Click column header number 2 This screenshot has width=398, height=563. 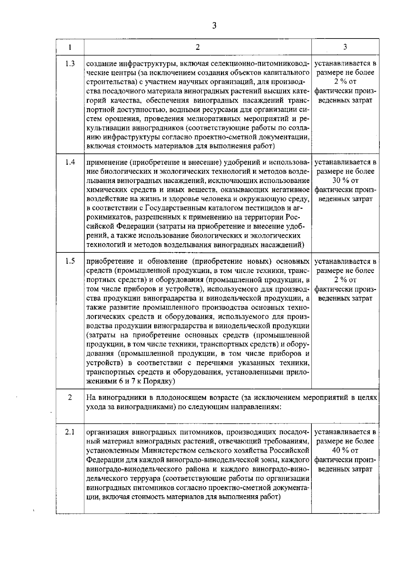tap(198, 47)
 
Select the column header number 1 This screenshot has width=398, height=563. tap(70, 47)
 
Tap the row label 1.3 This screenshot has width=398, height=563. tap(70, 63)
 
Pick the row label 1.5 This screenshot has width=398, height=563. tap(70, 261)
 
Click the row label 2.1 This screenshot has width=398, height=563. tap(70, 432)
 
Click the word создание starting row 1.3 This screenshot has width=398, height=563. tap(101, 63)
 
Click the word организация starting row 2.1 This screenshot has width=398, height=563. tap(107, 432)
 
